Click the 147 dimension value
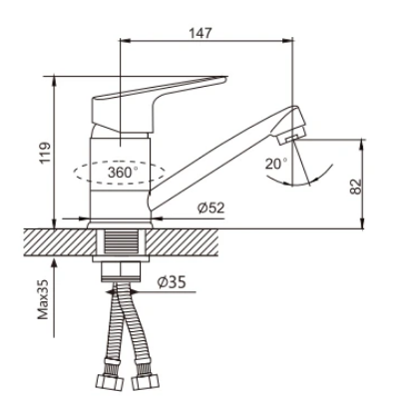tap(200, 33)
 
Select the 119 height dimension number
tap(45, 153)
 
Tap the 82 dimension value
tap(355, 187)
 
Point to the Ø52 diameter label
tap(210, 208)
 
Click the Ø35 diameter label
tap(172, 282)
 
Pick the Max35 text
tap(43, 299)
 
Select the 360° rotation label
tap(123, 173)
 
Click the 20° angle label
tap(276, 164)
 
